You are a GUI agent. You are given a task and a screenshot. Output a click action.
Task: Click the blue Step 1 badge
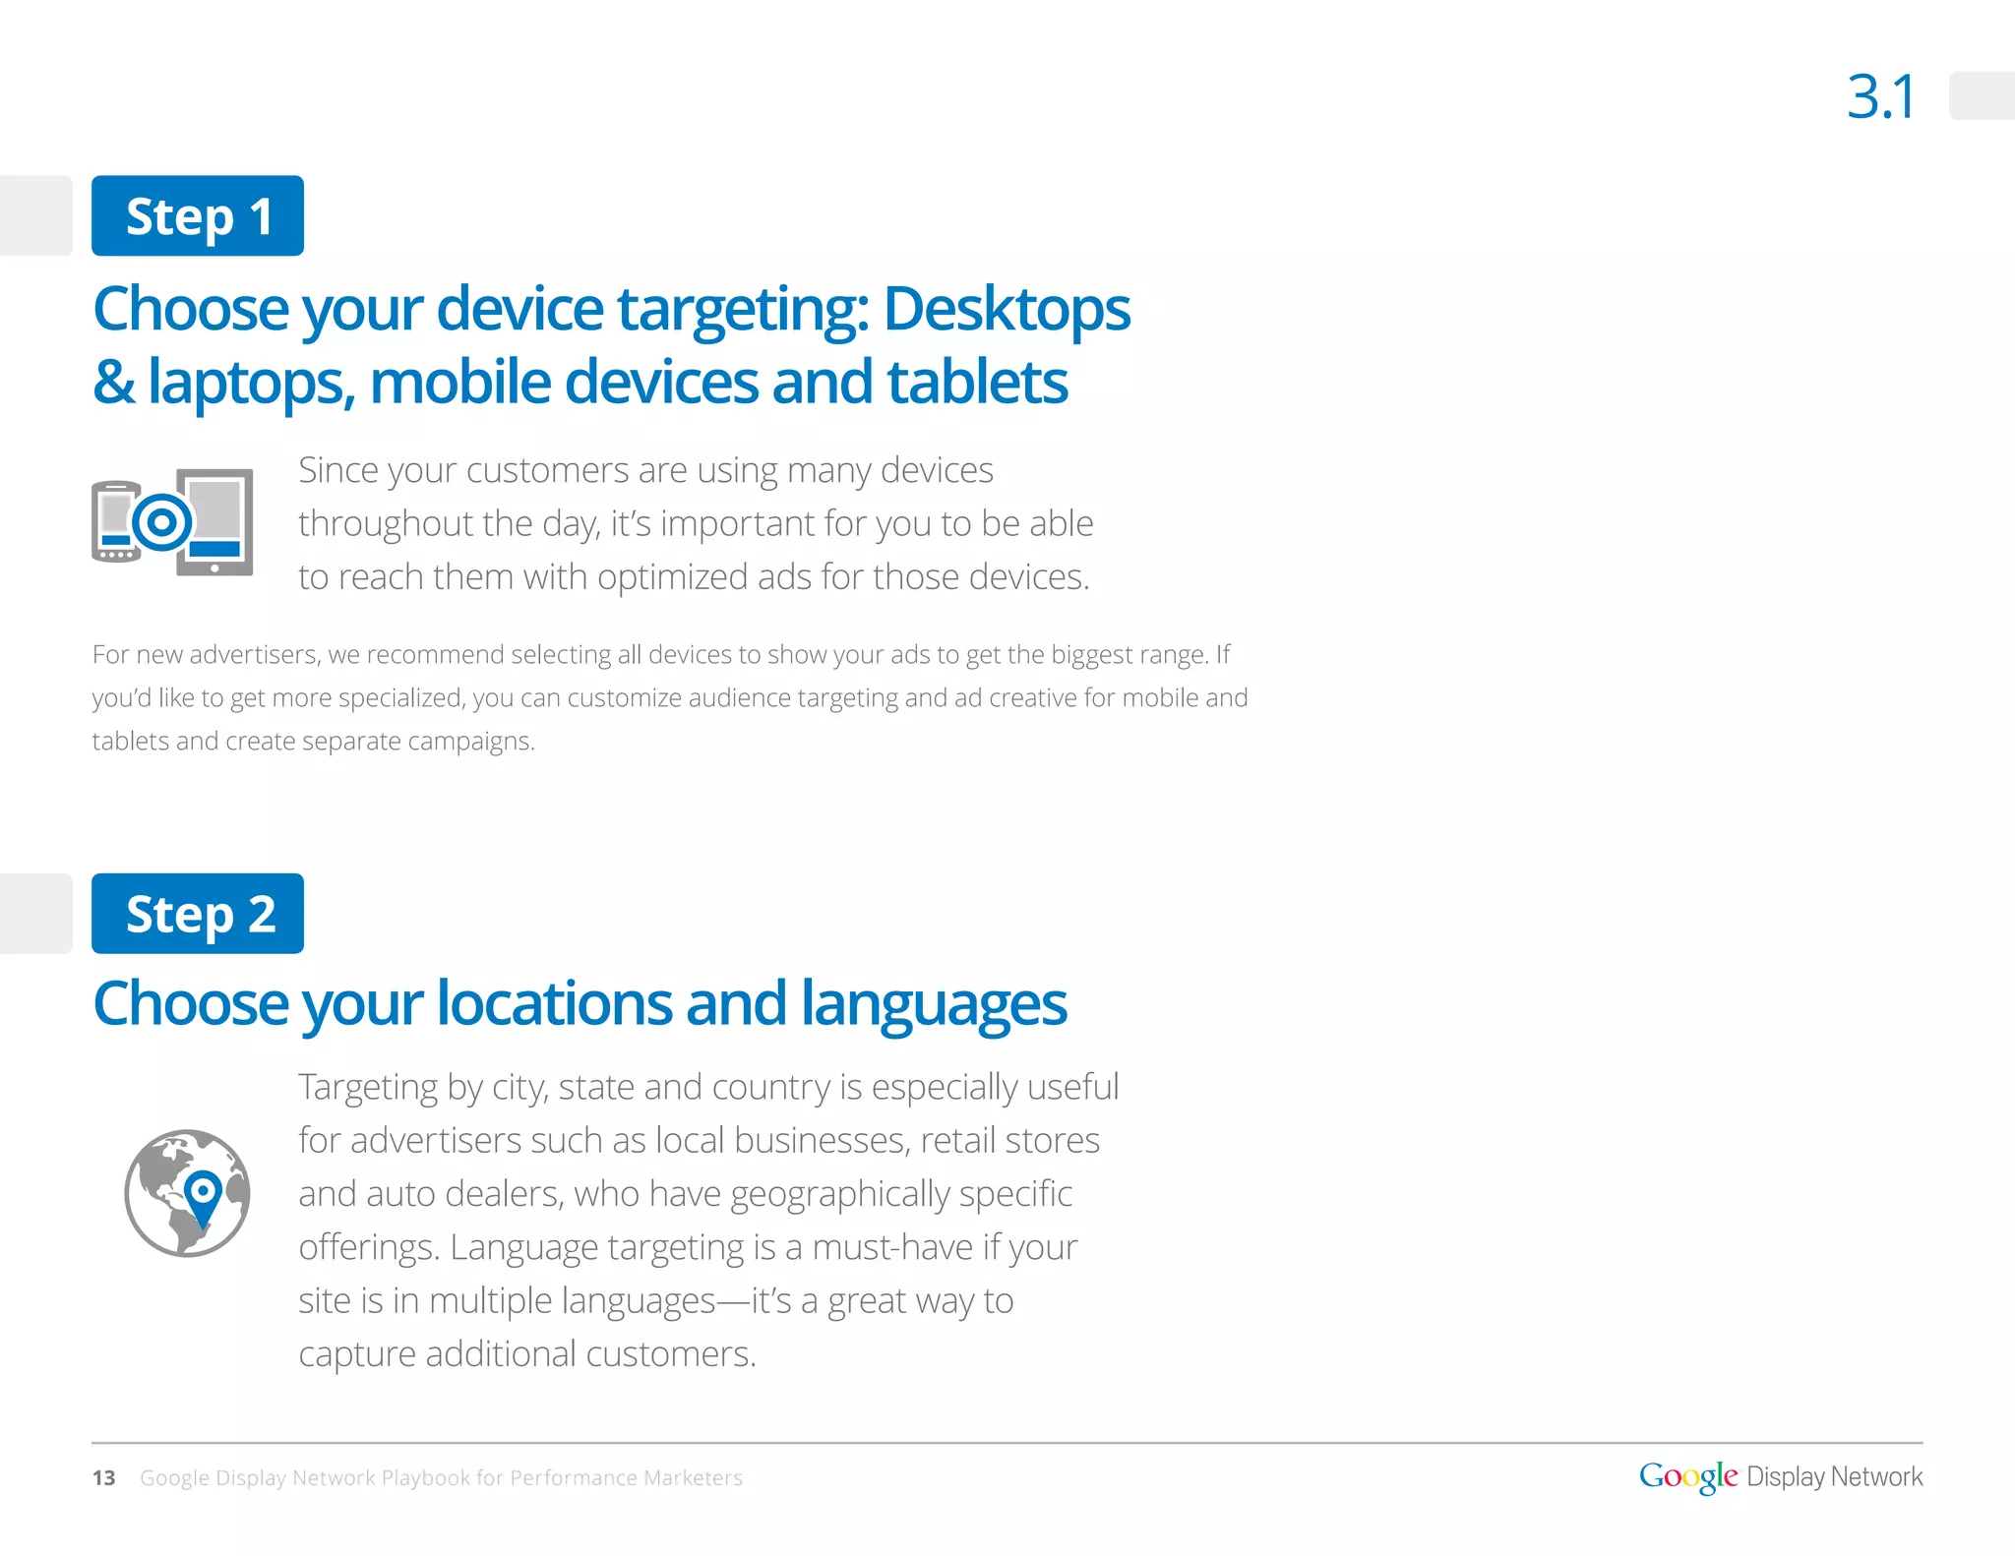[x=198, y=216]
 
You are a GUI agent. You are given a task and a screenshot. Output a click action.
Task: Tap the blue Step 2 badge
[x=198, y=914]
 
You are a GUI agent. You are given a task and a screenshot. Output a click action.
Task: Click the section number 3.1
[x=1880, y=97]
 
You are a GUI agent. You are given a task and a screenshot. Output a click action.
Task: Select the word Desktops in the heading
[x=1007, y=309]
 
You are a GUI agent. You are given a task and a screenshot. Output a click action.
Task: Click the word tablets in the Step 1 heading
[x=977, y=382]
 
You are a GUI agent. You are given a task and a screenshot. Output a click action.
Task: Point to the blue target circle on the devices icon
[x=162, y=521]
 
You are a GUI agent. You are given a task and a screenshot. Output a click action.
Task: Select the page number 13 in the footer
[x=103, y=1477]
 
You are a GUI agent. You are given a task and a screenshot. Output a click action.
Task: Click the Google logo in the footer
[x=1687, y=1476]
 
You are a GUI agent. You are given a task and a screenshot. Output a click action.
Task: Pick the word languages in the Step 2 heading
[x=933, y=1003]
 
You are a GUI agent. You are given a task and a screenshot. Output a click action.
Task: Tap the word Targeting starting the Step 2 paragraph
[x=368, y=1088]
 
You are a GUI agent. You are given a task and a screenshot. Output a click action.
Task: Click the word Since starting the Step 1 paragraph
[x=337, y=470]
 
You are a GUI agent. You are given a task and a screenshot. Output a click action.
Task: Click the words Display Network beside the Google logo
[x=1834, y=1476]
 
